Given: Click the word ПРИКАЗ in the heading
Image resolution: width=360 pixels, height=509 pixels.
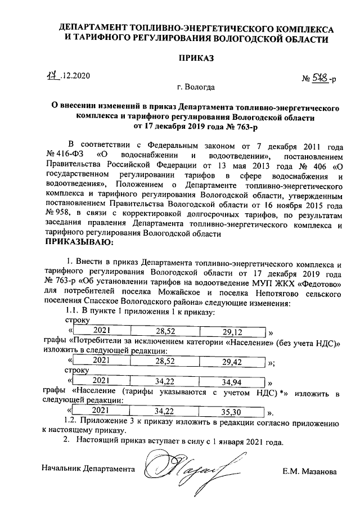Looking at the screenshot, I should tap(196, 58).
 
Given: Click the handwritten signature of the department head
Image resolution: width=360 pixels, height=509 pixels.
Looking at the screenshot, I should tap(183, 467).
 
